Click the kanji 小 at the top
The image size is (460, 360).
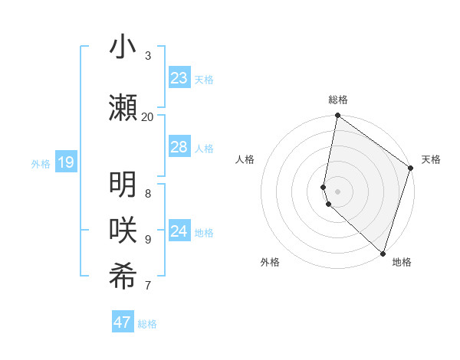[123, 47]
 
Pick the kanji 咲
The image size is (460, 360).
[123, 231]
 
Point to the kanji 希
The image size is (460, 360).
[123, 277]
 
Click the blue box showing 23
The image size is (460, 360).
[179, 78]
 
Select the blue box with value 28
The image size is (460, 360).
[179, 147]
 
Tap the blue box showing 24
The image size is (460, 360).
[179, 231]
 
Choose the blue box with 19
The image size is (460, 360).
[65, 162]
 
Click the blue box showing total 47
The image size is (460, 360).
[123, 322]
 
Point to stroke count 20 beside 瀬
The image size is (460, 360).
[147, 116]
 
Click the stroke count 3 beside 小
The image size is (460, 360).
[147, 55]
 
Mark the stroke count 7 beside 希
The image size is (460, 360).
[147, 286]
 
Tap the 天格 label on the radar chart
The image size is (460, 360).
[431, 159]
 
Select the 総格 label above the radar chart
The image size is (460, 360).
[338, 100]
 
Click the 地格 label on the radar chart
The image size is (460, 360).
[402, 262]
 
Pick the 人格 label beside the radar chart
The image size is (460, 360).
[245, 159]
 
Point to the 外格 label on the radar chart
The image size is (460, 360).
[270, 262]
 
